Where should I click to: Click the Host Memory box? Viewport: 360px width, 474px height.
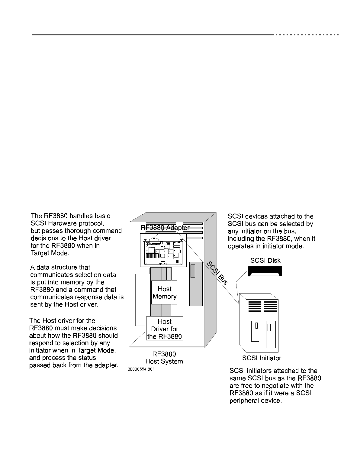pos(164,292)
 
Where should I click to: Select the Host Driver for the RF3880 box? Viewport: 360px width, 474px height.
pos(165,329)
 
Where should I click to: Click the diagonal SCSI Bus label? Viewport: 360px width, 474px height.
pos(217,273)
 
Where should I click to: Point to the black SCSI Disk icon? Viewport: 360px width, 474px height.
pos(265,271)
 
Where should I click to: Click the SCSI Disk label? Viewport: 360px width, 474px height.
pos(265,260)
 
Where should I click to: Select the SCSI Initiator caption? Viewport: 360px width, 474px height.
pos(262,358)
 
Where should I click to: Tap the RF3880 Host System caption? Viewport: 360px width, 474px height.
pos(164,357)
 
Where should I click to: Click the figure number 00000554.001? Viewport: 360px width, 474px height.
pos(141,369)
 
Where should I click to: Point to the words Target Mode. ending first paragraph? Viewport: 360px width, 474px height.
pos(50,253)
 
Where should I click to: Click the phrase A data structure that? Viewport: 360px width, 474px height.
pos(60,268)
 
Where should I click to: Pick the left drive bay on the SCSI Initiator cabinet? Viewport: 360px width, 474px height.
pos(255,331)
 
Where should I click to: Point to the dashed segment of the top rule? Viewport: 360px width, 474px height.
pos(306,35)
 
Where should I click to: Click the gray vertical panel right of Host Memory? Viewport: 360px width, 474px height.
pos(196,284)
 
